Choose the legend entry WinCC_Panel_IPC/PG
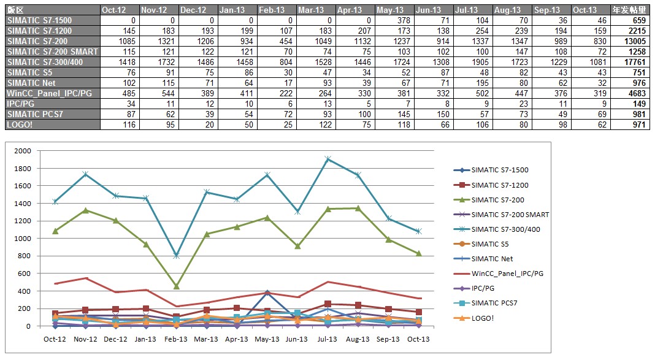coord(507,274)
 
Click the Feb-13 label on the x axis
coord(175,339)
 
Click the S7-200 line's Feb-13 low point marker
coord(176,286)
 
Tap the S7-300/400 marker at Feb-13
coord(176,256)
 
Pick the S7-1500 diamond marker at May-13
coord(267,293)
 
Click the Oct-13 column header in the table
coord(588,10)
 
